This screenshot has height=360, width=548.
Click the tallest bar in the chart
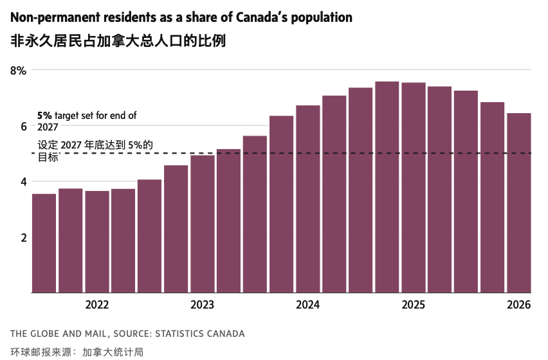coord(387,186)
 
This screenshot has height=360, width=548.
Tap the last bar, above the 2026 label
coord(519,203)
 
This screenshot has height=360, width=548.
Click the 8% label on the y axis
coord(18,71)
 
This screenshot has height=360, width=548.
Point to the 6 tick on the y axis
coord(23,127)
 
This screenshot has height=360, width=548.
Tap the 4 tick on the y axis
coord(23,182)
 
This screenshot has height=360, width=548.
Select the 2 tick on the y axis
coord(23,237)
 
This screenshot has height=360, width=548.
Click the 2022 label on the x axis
coord(96,305)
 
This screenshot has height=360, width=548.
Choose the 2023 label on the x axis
coord(202,305)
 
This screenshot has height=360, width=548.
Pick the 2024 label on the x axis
coord(307,305)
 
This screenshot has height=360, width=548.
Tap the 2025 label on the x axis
coord(413,305)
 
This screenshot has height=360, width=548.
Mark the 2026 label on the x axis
coord(518,305)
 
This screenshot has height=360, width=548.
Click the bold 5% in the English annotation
coord(44,116)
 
